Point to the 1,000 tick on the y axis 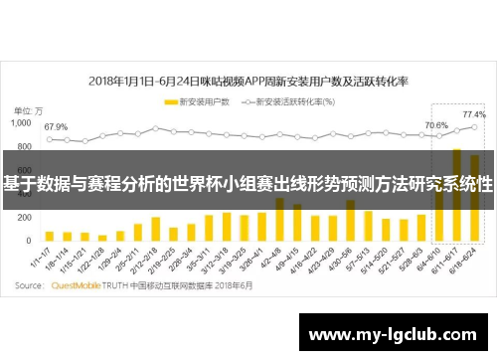tap(21, 124)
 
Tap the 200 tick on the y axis tap(26, 220)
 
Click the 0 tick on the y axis tap(32, 244)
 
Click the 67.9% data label tap(56, 127)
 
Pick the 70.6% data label tap(436, 125)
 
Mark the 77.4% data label tap(474, 115)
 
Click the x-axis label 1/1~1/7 tap(41, 261)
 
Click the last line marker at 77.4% tap(475, 127)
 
